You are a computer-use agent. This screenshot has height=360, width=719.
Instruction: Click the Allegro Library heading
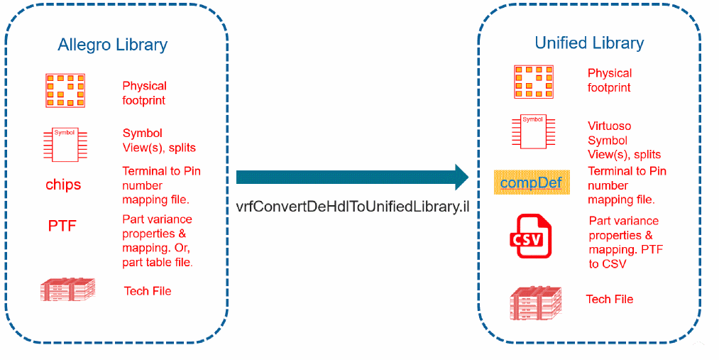pyautogui.click(x=112, y=45)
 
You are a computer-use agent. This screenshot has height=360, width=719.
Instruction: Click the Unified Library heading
pyautogui.click(x=589, y=43)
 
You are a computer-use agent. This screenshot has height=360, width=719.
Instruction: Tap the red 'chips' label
pyautogui.click(x=63, y=185)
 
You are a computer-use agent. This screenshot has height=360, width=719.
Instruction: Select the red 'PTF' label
pyautogui.click(x=62, y=227)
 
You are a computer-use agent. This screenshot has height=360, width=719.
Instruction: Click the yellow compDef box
pyautogui.click(x=531, y=183)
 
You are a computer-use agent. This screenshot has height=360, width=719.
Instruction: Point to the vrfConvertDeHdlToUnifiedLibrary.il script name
pyautogui.click(x=353, y=207)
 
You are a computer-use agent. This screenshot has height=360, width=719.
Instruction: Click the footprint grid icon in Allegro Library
pyautogui.click(x=65, y=90)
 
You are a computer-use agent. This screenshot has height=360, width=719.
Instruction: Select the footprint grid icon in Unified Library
pyautogui.click(x=533, y=80)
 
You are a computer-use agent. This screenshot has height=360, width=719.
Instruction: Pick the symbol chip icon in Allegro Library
pyautogui.click(x=65, y=142)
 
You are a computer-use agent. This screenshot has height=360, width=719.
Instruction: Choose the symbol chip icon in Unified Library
pyautogui.click(x=532, y=130)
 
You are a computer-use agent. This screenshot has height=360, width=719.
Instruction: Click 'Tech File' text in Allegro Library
pyautogui.click(x=148, y=291)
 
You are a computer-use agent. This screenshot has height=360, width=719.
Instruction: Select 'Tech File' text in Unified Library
pyautogui.click(x=609, y=299)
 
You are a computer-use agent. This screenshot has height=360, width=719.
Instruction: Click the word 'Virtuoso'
pyautogui.click(x=609, y=126)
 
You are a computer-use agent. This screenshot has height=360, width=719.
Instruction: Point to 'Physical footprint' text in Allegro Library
pyautogui.click(x=144, y=93)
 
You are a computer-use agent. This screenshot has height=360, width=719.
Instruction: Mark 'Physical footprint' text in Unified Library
pyautogui.click(x=609, y=80)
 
